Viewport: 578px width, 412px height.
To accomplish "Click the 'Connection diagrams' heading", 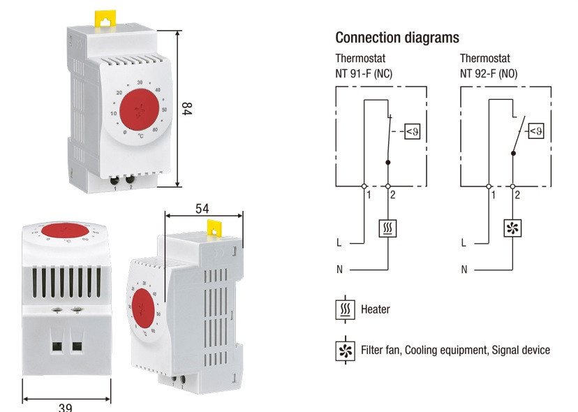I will tap(397, 37).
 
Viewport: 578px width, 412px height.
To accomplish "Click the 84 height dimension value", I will tap(186, 109).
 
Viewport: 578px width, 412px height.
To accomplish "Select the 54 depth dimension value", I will tap(202, 208).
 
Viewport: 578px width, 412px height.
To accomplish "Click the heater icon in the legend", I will tap(343, 309).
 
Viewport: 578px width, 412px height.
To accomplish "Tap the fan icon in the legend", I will tap(343, 349).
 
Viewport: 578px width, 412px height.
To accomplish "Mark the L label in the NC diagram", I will tap(339, 243).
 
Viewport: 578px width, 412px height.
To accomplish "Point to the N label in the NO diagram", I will tap(464, 269).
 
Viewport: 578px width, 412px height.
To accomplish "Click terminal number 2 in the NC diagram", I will tap(393, 196).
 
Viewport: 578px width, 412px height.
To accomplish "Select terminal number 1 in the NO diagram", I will tap(494, 196).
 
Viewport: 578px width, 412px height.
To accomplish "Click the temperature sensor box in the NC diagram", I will tap(413, 131).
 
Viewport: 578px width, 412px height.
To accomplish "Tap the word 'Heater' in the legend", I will tap(376, 309).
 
